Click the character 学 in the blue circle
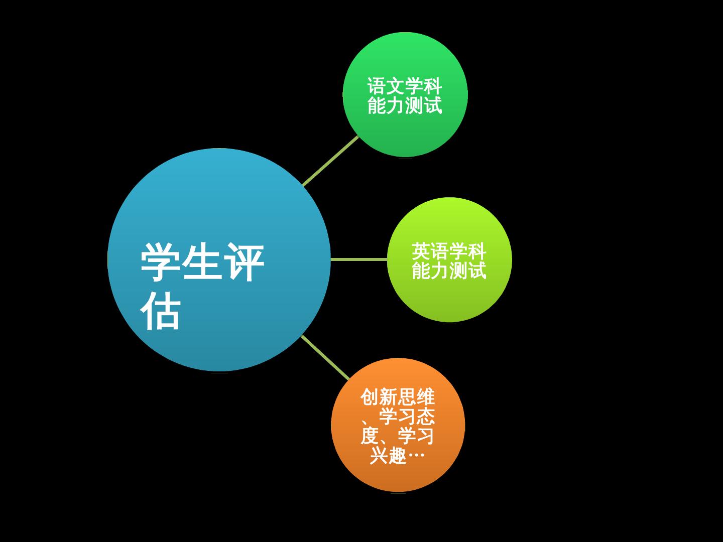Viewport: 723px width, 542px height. click(x=160, y=262)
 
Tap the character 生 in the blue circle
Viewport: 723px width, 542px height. click(x=201, y=262)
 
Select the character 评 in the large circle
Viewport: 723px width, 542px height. click(x=244, y=262)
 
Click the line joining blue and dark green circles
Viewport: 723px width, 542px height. click(x=330, y=161)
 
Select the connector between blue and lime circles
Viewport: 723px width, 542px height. click(x=358, y=259)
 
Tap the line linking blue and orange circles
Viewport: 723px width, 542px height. click(x=325, y=357)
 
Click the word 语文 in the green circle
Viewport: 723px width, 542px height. click(x=386, y=86)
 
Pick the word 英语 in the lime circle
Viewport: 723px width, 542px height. click(x=430, y=251)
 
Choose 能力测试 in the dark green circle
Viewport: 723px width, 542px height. click(x=405, y=105)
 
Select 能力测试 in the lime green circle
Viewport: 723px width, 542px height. click(x=449, y=270)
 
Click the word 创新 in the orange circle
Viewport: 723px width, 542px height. click(x=379, y=398)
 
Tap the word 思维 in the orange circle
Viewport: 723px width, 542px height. click(x=416, y=398)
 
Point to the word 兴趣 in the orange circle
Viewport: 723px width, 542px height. click(x=388, y=456)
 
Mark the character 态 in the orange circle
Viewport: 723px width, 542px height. click(x=426, y=417)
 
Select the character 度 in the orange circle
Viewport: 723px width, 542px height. click(x=369, y=436)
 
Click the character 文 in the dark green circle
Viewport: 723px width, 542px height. click(x=396, y=86)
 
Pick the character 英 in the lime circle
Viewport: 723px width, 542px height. click(x=421, y=251)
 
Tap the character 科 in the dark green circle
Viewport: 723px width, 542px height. click(x=433, y=86)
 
